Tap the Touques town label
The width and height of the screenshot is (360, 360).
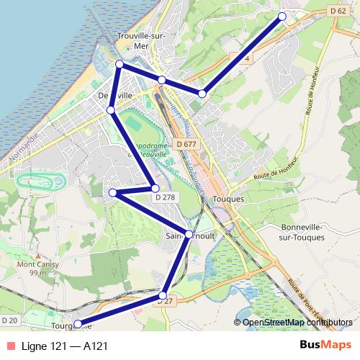click(234, 199)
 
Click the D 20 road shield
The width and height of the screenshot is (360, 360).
click(9, 320)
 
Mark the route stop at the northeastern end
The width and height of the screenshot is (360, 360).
click(282, 16)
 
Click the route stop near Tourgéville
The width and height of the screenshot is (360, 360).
click(78, 324)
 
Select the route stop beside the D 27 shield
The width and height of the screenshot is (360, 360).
click(163, 295)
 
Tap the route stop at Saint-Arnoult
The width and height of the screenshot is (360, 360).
click(189, 234)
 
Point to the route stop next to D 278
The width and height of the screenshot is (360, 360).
click(155, 188)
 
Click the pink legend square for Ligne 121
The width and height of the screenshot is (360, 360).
click(10, 346)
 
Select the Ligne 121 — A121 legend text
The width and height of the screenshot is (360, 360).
click(65, 346)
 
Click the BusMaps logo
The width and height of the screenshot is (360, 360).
click(325, 346)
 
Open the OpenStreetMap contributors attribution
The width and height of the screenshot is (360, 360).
click(295, 323)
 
